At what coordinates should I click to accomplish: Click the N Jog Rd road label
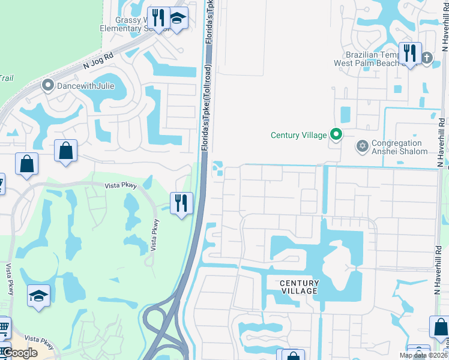tap(99, 61)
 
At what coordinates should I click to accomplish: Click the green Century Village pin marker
tap(336, 134)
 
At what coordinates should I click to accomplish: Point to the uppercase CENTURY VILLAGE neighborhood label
tap(299, 287)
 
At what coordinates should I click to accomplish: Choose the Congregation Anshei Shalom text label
tap(399, 148)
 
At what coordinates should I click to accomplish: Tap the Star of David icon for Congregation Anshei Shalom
tap(362, 146)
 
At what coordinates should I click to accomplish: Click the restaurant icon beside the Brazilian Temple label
tap(410, 53)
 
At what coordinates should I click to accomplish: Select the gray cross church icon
tap(427, 58)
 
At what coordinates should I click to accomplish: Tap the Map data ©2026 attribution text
tap(423, 355)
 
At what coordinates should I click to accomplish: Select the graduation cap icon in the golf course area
tap(39, 295)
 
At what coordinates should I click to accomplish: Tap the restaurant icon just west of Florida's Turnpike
tap(181, 203)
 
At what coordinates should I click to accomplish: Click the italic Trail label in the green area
tap(6, 78)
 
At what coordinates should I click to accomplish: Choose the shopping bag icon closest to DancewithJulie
tap(66, 151)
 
